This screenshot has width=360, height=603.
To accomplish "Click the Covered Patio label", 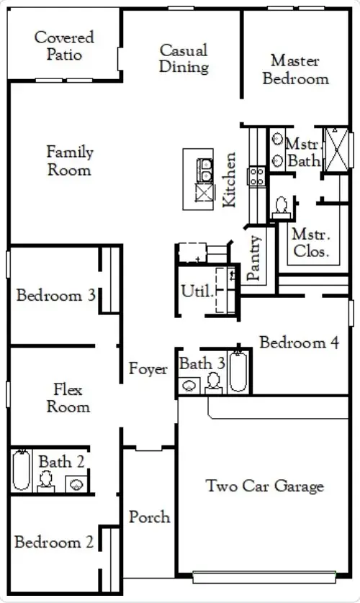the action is [64, 46].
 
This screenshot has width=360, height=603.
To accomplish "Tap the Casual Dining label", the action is [184, 58].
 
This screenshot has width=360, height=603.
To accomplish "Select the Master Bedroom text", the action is [295, 70].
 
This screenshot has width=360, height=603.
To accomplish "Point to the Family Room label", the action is [70, 160].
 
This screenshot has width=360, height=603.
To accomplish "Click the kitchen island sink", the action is [204, 171].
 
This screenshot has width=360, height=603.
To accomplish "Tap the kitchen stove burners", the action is [256, 176].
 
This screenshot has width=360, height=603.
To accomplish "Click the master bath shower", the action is [337, 150].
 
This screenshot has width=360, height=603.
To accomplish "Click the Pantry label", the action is [254, 258].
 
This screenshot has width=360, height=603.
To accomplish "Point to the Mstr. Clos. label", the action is [311, 242].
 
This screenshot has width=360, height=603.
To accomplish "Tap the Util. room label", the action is [197, 291].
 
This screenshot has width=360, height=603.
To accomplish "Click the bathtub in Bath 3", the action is [238, 372].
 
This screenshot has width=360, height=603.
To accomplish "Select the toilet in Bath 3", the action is [213, 383].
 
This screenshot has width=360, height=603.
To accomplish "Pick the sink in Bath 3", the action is [189, 386].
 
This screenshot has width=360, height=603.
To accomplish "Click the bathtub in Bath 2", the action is [21, 471].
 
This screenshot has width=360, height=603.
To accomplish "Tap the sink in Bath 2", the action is [76, 484].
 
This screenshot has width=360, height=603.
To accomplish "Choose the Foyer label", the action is [148, 368].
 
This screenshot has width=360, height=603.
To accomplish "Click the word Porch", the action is [150, 517].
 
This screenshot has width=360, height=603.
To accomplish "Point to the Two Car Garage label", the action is [265, 486].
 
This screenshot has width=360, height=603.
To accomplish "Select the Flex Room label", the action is [68, 398].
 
